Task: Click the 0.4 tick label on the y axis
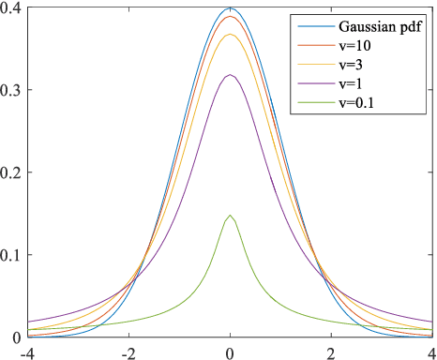(x=13, y=8)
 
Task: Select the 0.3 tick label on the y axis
(x=13, y=90)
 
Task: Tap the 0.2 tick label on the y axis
(x=13, y=172)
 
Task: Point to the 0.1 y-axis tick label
(x=13, y=254)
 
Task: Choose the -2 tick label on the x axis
(x=128, y=351)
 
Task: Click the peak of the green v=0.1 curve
(x=230, y=216)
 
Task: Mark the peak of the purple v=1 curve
(x=230, y=75)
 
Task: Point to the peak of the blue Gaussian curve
(x=230, y=9)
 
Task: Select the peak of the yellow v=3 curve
(x=230, y=35)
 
